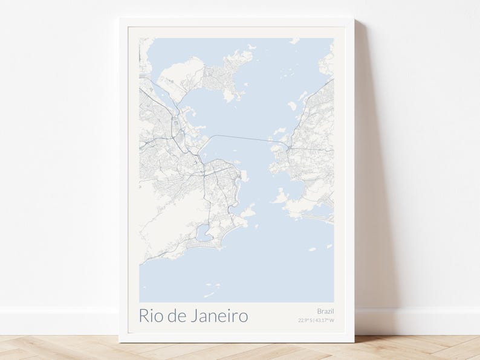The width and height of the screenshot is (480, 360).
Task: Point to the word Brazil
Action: (x=325, y=311)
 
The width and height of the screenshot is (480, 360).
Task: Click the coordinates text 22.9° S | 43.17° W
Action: (x=316, y=321)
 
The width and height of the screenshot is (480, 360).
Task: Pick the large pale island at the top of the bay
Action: (x=181, y=76)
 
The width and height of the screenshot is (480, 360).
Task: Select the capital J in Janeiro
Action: (x=193, y=316)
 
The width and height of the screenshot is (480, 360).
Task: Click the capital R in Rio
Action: (x=144, y=316)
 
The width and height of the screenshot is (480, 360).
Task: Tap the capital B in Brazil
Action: (x=319, y=311)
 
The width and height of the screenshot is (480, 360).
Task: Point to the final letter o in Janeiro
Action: (x=243, y=317)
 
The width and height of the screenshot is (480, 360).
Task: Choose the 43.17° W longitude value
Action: (x=325, y=321)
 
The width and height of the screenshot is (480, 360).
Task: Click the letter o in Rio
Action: (x=160, y=317)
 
